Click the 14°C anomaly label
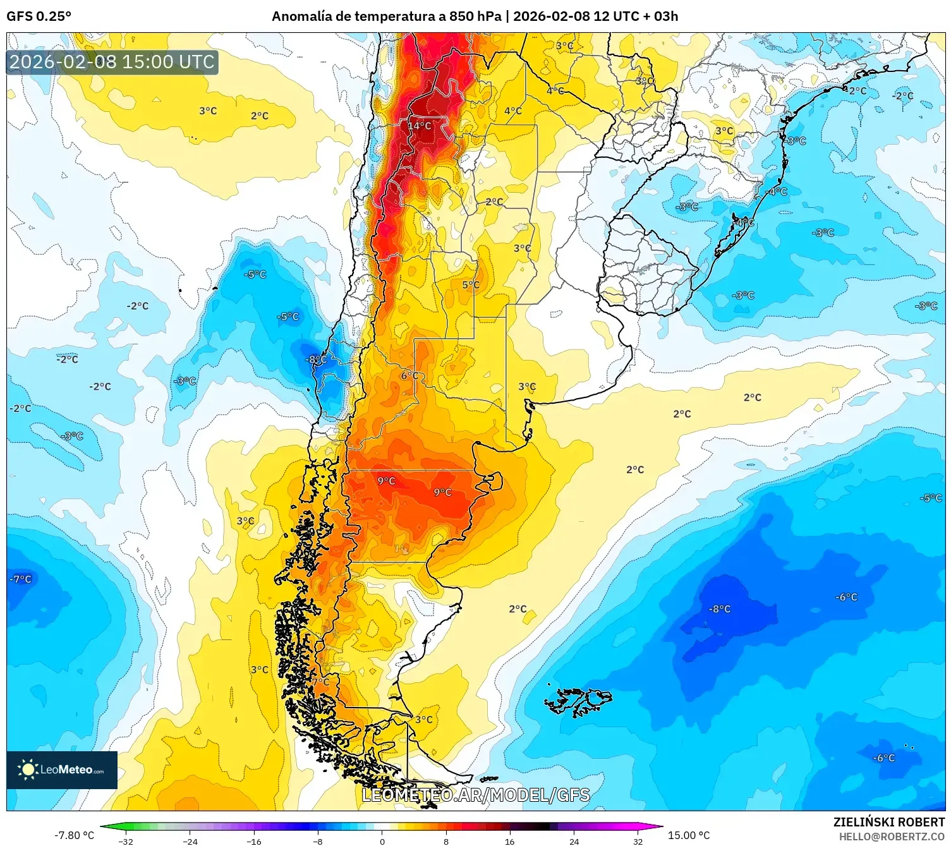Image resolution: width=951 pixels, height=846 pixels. pyautogui.click(x=420, y=126)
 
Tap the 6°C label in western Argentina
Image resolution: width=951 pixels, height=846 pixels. pyautogui.click(x=409, y=375)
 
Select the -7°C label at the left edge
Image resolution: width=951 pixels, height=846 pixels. pyautogui.click(x=20, y=579)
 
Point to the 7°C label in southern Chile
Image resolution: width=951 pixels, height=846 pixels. pyautogui.click(x=320, y=682)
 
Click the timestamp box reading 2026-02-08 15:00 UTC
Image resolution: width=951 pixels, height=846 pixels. pyautogui.click(x=112, y=62)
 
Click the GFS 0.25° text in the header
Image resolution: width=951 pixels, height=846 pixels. pyautogui.click(x=39, y=16)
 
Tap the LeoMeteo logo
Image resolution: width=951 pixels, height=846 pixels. pyautogui.click(x=62, y=770)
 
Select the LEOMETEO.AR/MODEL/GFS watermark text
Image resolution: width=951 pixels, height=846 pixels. pyautogui.click(x=475, y=795)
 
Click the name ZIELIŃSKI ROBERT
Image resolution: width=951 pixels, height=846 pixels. pyautogui.click(x=888, y=822)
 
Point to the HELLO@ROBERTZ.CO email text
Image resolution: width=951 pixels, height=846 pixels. pyautogui.click(x=891, y=837)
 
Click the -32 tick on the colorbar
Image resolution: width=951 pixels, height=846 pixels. pyautogui.click(x=126, y=841)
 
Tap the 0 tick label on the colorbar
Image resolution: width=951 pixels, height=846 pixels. pyautogui.click(x=382, y=841)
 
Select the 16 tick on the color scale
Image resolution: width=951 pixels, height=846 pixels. pyautogui.click(x=509, y=841)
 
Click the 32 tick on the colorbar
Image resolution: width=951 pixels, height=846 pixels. pyautogui.click(x=638, y=841)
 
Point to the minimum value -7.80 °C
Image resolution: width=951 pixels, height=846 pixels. pyautogui.click(x=74, y=835)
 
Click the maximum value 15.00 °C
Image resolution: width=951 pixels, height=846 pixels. pyautogui.click(x=689, y=835)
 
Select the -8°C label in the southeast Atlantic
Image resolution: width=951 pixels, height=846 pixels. pyautogui.click(x=719, y=609)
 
